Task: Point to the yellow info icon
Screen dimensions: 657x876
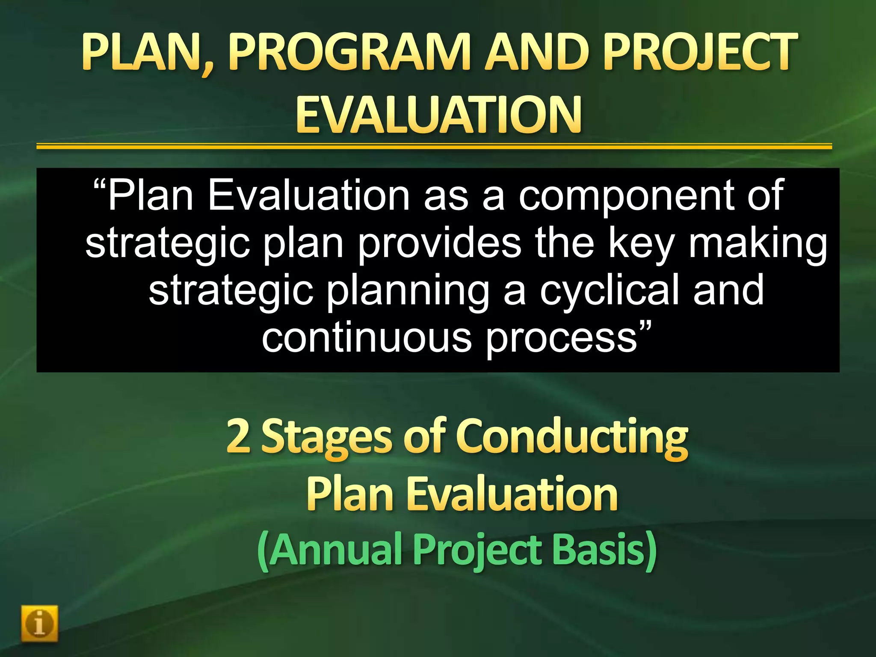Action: click(x=39, y=623)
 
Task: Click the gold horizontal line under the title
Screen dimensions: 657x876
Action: click(x=434, y=147)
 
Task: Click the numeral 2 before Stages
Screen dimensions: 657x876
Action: click(x=238, y=436)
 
